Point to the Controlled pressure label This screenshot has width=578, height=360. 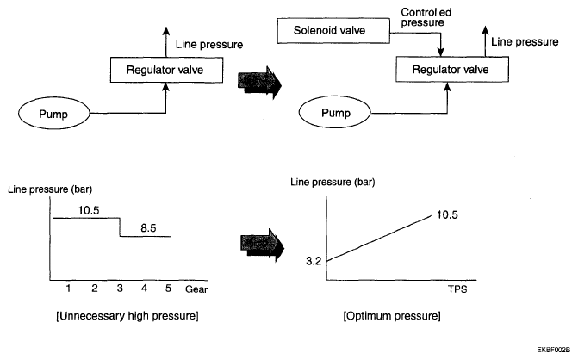[426, 17]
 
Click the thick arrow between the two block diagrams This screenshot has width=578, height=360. [259, 83]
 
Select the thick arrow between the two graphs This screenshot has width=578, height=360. [262, 245]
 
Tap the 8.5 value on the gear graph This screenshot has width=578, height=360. [148, 228]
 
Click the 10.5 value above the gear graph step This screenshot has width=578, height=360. [89, 210]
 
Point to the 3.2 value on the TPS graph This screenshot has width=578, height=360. [314, 261]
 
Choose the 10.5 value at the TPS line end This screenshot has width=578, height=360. [447, 214]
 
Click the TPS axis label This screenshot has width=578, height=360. [457, 289]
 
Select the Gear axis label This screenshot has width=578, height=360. [196, 289]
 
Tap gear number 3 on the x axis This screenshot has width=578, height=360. [120, 289]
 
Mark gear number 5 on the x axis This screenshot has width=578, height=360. [168, 289]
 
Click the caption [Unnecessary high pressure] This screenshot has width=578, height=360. [127, 316]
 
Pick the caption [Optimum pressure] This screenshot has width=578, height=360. [392, 316]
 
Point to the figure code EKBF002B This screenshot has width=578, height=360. [553, 350]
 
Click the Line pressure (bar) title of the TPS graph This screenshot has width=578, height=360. [333, 182]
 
